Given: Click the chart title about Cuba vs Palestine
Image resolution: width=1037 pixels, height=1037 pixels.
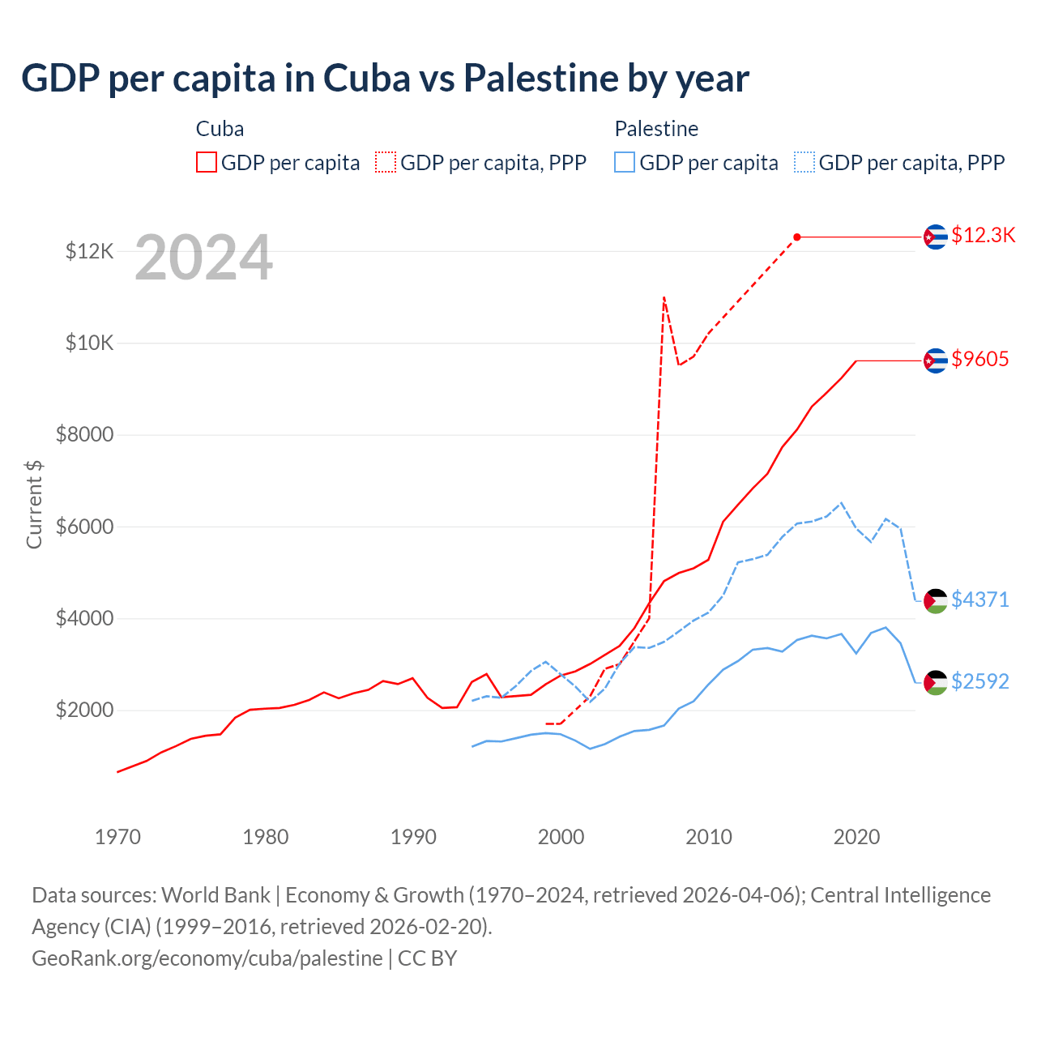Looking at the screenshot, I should (385, 79).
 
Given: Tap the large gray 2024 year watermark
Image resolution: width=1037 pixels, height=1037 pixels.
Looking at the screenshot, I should (203, 258).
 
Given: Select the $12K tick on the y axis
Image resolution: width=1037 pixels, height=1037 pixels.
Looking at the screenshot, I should (89, 251).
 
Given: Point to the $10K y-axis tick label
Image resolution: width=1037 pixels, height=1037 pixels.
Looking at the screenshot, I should (89, 343).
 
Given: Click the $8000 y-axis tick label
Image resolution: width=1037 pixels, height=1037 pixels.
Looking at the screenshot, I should (84, 435).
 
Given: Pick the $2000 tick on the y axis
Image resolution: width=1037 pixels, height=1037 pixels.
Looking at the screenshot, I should (84, 711).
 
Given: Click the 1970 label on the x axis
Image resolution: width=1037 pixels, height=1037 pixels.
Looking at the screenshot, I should (118, 837).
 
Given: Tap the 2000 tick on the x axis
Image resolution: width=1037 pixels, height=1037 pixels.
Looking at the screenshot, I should (561, 837).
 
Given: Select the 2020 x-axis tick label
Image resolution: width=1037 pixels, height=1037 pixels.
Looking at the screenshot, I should (856, 837).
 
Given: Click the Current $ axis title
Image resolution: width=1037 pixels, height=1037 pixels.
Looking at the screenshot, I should (34, 504).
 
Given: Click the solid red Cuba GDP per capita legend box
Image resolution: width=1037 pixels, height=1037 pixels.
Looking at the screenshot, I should (207, 163).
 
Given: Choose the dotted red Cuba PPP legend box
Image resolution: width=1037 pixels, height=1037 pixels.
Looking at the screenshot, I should (386, 163).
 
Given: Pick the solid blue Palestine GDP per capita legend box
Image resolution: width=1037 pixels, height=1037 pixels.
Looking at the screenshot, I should (625, 163).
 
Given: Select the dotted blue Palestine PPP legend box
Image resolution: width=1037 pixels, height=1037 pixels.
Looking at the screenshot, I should (804, 163).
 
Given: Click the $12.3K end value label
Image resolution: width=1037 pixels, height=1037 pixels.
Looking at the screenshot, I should (983, 235).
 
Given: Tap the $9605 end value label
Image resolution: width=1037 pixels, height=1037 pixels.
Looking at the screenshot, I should (979, 359).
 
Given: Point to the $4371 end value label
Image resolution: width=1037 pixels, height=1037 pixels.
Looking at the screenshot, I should (979, 600).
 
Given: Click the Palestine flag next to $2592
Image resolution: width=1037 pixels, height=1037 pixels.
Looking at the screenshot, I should (936, 682).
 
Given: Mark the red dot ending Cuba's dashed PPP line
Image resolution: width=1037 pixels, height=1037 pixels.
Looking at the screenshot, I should (797, 237).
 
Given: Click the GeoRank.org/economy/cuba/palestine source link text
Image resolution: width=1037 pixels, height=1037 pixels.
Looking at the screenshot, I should (207, 958).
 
